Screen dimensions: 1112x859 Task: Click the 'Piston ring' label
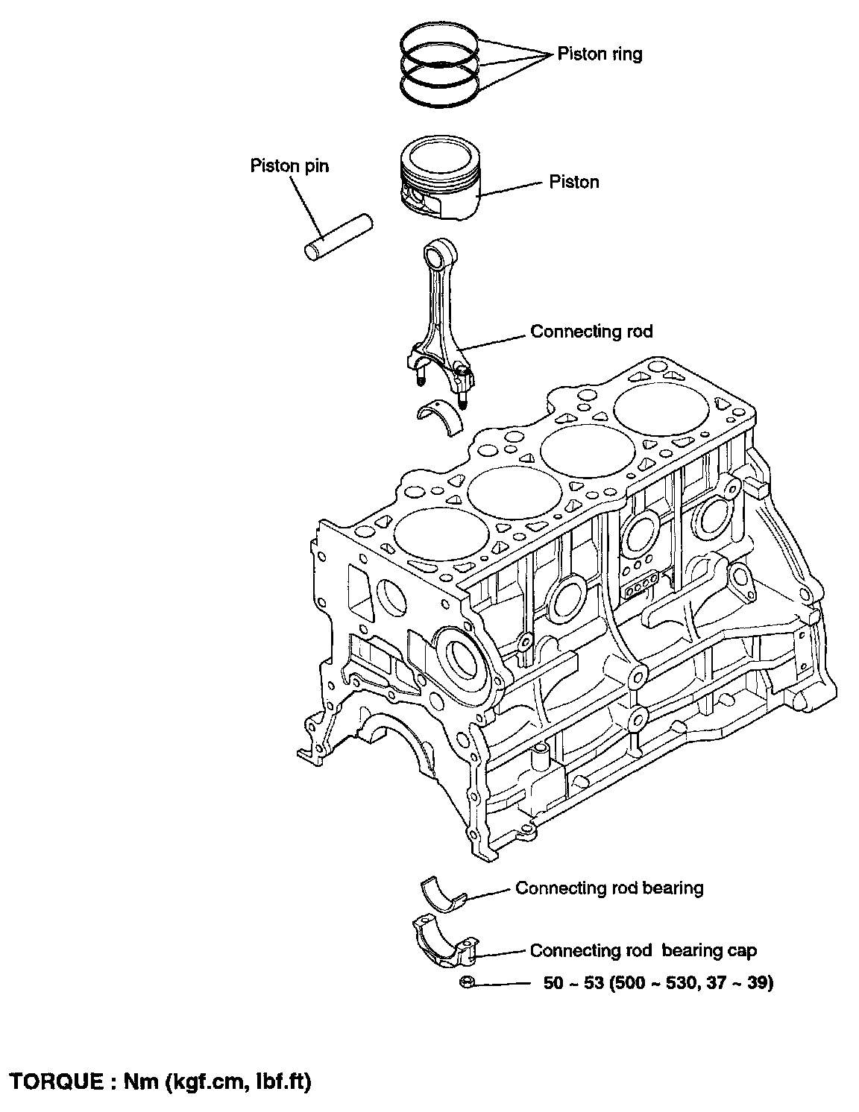point(600,54)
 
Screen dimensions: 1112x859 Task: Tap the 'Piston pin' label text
point(289,165)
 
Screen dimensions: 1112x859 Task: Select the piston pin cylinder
point(339,237)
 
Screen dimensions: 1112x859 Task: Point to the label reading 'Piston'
point(573,182)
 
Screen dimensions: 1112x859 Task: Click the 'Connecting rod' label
point(591,331)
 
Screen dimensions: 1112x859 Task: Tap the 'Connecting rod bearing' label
point(609,888)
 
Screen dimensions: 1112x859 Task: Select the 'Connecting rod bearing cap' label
point(643,951)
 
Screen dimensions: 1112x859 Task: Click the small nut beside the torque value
point(465,983)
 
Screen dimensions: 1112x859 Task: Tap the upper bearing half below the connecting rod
point(439,417)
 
